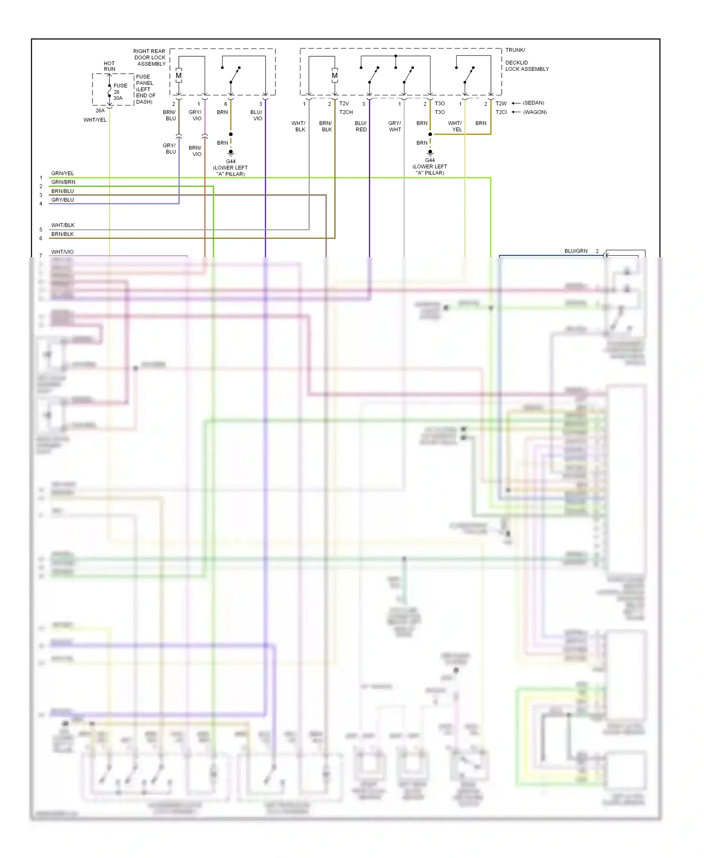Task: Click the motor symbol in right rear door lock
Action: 178,76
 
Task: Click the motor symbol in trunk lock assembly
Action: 335,76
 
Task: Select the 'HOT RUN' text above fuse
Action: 109,66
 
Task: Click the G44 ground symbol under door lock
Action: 230,153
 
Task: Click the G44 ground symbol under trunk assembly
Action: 430,152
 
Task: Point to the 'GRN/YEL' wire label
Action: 62,173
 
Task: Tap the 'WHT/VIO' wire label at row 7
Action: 62,252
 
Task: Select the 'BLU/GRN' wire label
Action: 576,251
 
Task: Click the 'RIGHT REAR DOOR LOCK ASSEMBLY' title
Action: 150,58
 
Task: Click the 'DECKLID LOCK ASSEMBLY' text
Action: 527,66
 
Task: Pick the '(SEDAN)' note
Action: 534,103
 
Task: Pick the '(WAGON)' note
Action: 535,112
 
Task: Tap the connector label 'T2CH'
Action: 346,112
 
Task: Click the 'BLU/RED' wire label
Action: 361,126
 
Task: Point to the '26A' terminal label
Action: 100,111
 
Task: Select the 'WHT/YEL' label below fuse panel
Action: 95,120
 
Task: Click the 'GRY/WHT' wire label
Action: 395,126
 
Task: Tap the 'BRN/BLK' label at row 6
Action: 62,234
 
